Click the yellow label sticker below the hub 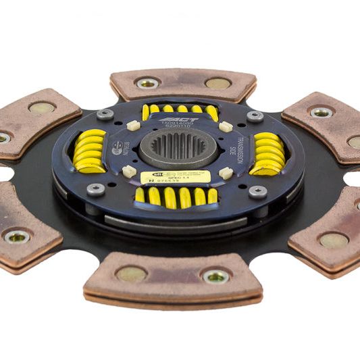coord(176,177)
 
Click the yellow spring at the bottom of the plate coord(176,196)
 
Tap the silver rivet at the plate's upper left coord(105,114)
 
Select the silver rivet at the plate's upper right coord(255,116)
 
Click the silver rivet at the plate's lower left coord(96,189)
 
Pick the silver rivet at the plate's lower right coord(258,192)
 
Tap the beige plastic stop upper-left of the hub coord(134,125)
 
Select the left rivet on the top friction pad coord(148,83)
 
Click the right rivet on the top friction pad coord(217,84)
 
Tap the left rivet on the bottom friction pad coord(130,274)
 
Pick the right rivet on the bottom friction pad coord(216,276)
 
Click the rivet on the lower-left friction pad coord(16,236)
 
